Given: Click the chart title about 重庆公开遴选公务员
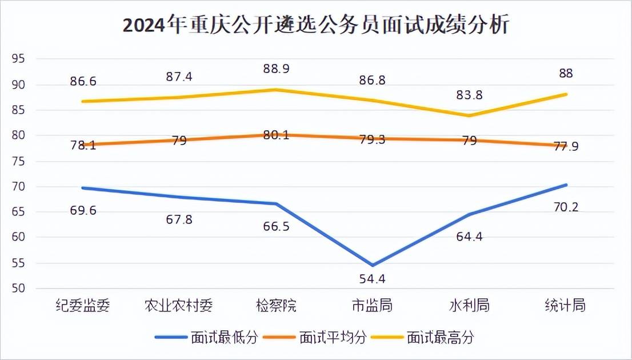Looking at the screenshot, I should click(x=315, y=26).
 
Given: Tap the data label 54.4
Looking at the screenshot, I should click(x=373, y=279).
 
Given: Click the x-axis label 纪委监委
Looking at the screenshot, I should click(x=83, y=306).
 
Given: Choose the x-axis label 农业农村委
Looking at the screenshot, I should click(x=179, y=306).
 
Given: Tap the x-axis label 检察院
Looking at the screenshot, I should click(x=276, y=306).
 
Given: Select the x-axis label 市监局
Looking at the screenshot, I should click(x=373, y=306).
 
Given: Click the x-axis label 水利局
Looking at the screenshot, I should click(x=469, y=306).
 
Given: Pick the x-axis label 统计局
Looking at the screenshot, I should click(x=565, y=306).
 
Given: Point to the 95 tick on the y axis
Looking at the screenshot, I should click(x=18, y=59).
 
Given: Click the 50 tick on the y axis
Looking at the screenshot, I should click(x=18, y=288).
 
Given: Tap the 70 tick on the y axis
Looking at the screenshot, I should click(x=18, y=186).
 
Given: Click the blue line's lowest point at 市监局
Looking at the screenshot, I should click(x=373, y=265).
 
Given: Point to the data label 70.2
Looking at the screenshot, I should click(x=566, y=206).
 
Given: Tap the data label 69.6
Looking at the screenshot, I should click(x=84, y=210).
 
